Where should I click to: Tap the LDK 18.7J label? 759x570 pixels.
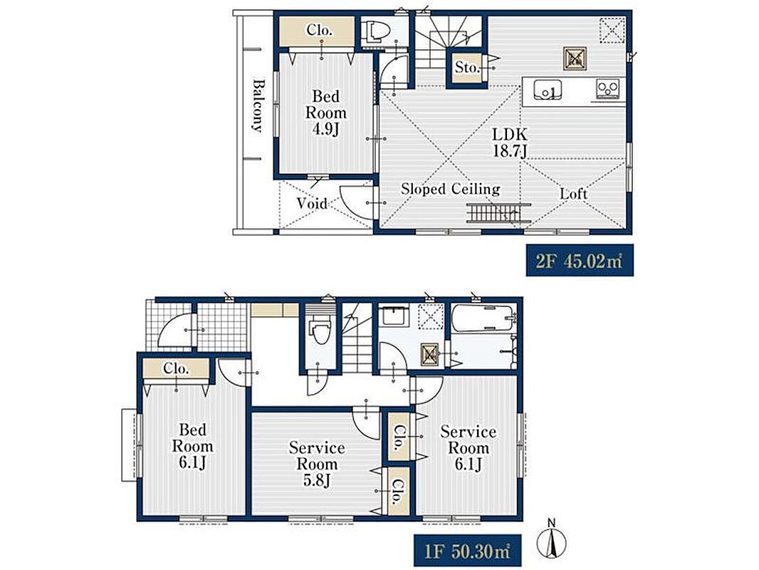tap(510, 142)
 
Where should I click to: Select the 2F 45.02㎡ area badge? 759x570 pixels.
tap(580, 261)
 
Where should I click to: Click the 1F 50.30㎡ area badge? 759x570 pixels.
tap(467, 551)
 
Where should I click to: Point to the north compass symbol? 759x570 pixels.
tap(551, 539)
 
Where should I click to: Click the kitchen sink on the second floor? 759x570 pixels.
tap(548, 90)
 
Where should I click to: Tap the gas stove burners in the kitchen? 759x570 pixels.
tap(607, 89)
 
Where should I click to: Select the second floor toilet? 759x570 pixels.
tap(378, 32)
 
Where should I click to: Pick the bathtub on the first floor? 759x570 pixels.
tap(483, 318)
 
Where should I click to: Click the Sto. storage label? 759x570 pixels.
tap(466, 68)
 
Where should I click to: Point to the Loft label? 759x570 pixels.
tap(574, 195)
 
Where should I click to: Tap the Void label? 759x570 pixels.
tap(312, 203)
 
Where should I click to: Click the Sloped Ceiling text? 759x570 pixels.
tap(450, 189)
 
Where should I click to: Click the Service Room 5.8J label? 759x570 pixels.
tap(317, 464)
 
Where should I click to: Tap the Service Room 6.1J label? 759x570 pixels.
tap(468, 448)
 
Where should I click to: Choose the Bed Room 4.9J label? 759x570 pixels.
tap(326, 113)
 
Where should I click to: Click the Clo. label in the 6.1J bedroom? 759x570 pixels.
tap(176, 368)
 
